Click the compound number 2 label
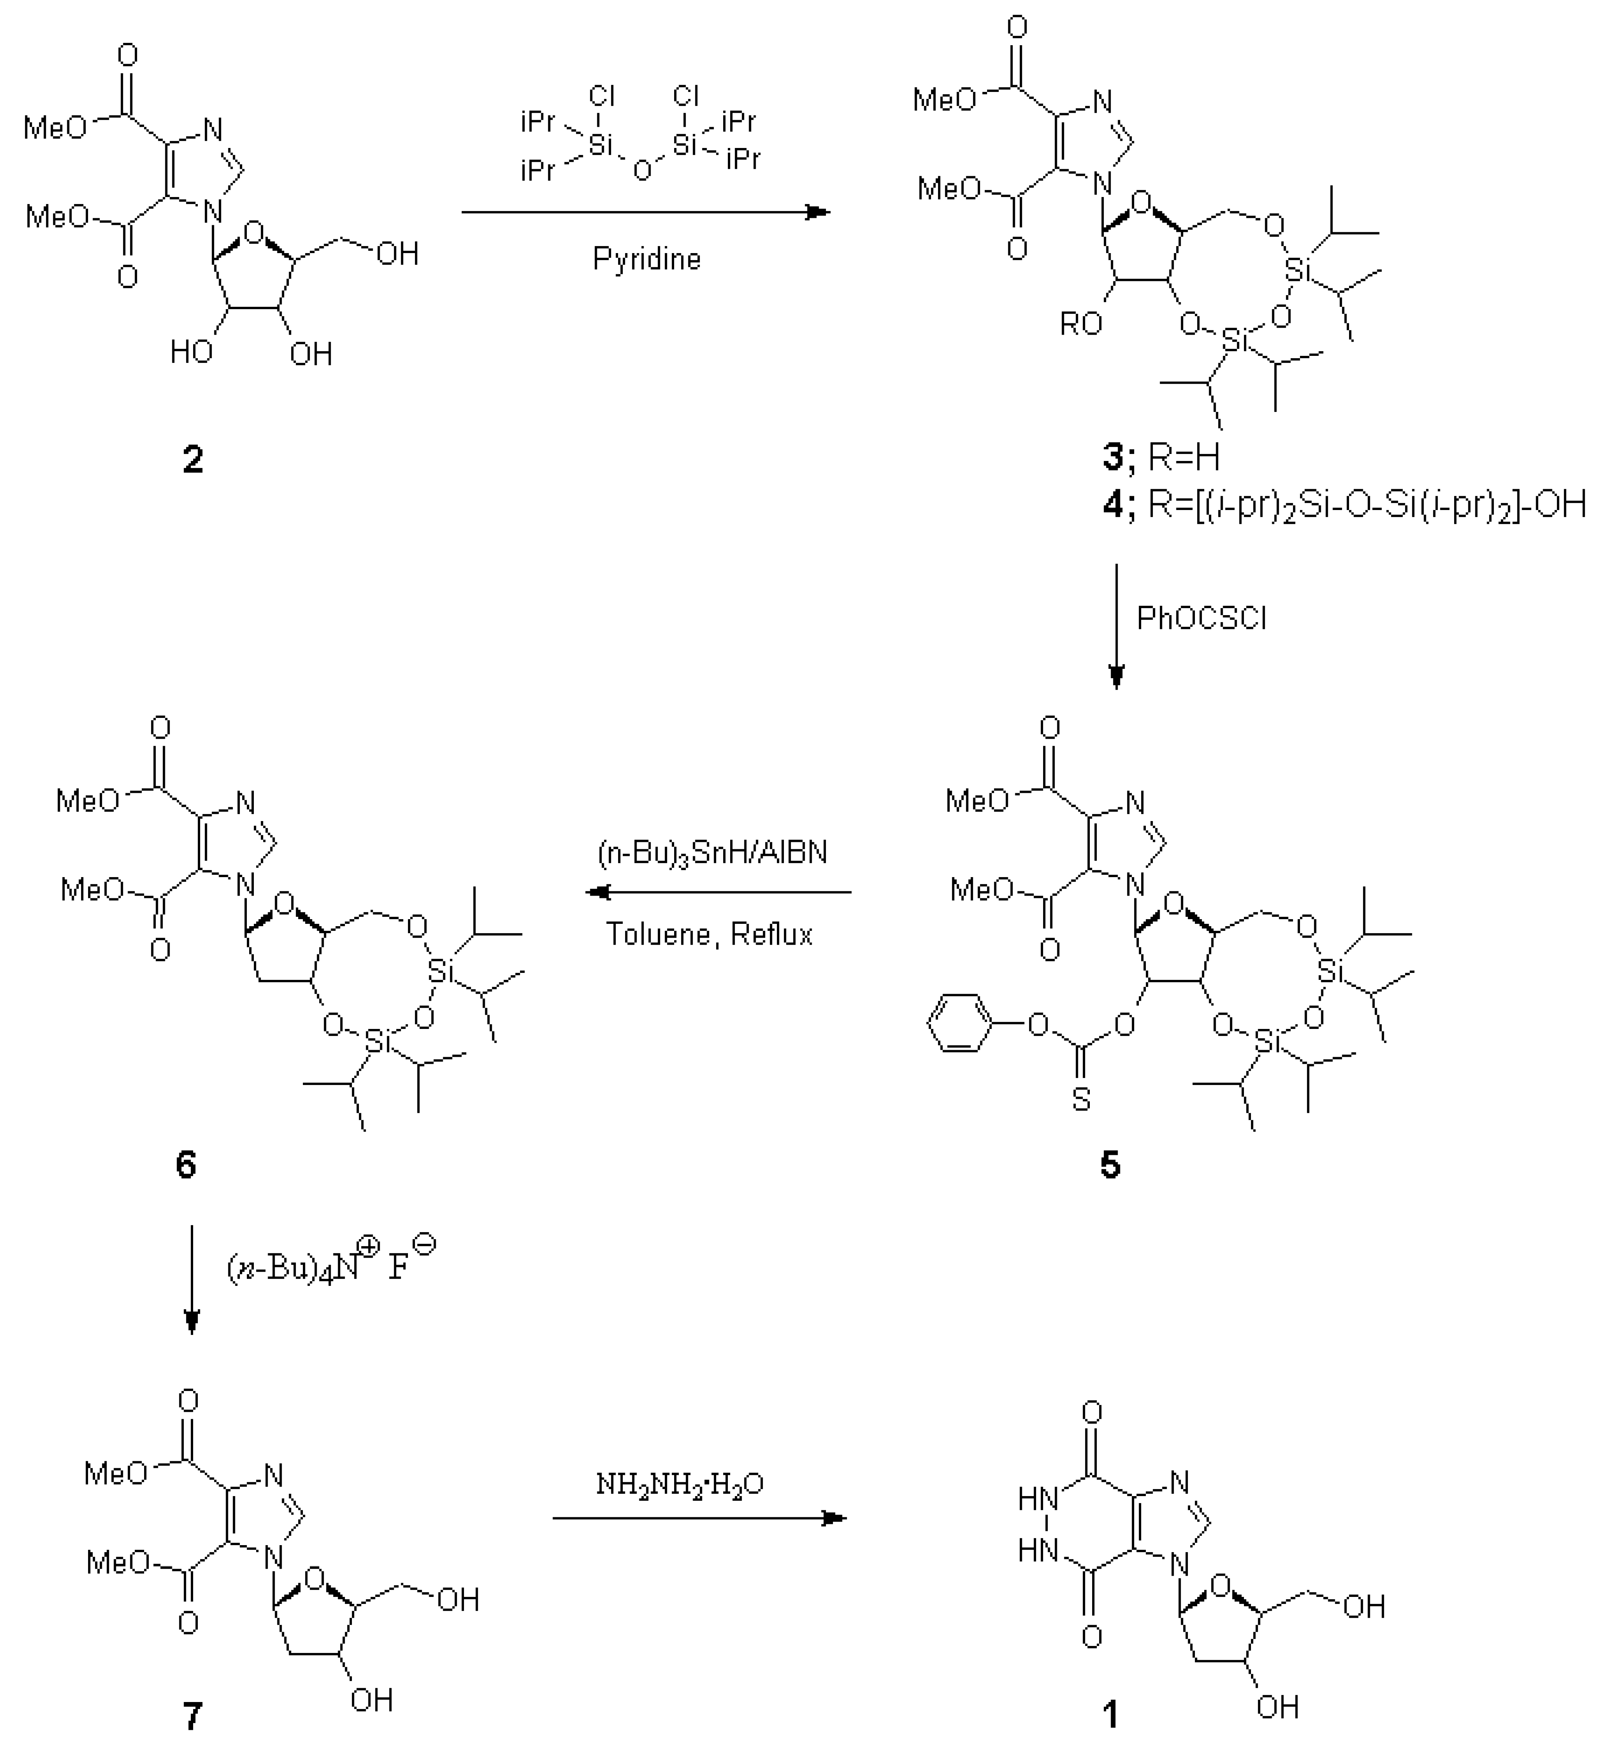192,459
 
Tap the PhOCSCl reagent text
1201,618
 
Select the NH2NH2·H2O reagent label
679,1484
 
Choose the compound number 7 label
192,1714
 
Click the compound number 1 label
1109,1714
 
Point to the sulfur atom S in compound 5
1081,1099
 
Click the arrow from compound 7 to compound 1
699,1517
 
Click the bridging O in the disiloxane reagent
642,170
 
